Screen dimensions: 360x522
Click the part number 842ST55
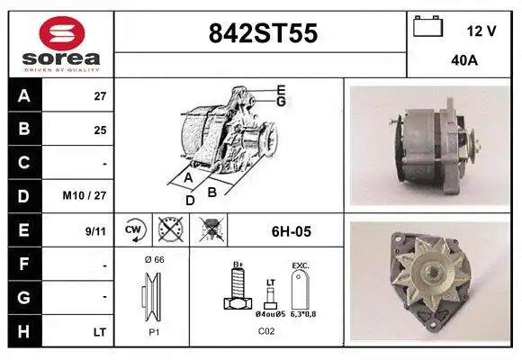pyautogui.click(x=262, y=33)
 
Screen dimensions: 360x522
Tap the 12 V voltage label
pyautogui.click(x=481, y=31)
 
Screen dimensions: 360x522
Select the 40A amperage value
pyautogui.click(x=464, y=61)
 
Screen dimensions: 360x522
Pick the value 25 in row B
pyautogui.click(x=101, y=130)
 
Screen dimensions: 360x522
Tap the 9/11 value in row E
pyautogui.click(x=96, y=230)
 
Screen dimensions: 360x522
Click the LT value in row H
pyautogui.click(x=100, y=332)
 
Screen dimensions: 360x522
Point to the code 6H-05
pyautogui.click(x=291, y=231)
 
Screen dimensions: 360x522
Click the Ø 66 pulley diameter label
pyautogui.click(x=153, y=259)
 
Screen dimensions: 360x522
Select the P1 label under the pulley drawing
pyautogui.click(x=153, y=330)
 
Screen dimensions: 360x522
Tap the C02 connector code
pyautogui.click(x=267, y=330)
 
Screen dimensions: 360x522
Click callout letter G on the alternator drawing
pyautogui.click(x=281, y=102)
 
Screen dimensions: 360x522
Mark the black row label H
pyautogui.click(x=23, y=332)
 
